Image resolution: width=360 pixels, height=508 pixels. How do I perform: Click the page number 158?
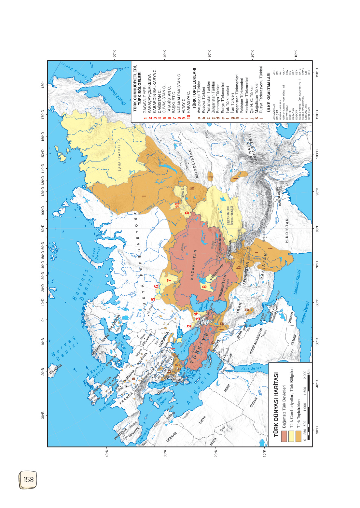(x=28, y=479)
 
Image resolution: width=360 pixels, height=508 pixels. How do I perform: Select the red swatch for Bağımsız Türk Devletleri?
(x=284, y=436)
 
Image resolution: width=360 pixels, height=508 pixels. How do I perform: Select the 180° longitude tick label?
(x=43, y=85)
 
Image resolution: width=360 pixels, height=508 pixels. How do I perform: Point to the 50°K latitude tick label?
(x=114, y=53)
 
